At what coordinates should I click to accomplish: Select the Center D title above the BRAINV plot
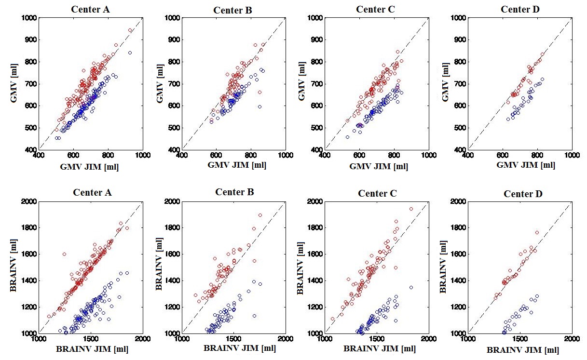523,194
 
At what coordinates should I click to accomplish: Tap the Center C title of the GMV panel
377,9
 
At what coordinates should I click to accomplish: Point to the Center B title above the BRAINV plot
234,192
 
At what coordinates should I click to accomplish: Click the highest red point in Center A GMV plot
130,30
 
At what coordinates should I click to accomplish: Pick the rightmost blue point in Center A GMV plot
130,53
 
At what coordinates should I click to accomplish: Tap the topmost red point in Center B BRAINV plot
260,215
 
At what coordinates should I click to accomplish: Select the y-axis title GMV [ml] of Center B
160,84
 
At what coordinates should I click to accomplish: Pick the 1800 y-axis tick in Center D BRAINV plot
457,227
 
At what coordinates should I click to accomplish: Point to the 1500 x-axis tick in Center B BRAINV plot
234,339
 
